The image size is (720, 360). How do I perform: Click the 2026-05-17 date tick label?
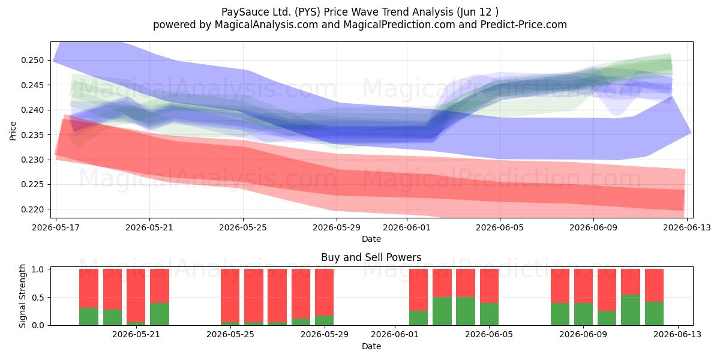click(56, 227)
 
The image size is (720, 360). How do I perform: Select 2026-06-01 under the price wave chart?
click(407, 227)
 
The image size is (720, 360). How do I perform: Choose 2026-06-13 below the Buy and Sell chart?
click(678, 334)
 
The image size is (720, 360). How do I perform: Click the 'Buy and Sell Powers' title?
click(371, 257)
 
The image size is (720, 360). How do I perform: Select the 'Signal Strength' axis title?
click(22, 296)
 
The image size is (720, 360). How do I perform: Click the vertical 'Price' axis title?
click(13, 131)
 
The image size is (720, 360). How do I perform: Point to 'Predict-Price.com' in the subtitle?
click(524, 25)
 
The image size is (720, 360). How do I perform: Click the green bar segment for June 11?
click(631, 310)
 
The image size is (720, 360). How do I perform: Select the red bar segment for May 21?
click(136, 296)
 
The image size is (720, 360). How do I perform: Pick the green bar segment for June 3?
click(442, 311)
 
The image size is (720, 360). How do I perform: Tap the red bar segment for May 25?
click(230, 296)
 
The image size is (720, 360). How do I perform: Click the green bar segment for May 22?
click(160, 314)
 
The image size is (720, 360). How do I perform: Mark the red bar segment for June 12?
click(654, 286)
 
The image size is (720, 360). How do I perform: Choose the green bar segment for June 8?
click(560, 314)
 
